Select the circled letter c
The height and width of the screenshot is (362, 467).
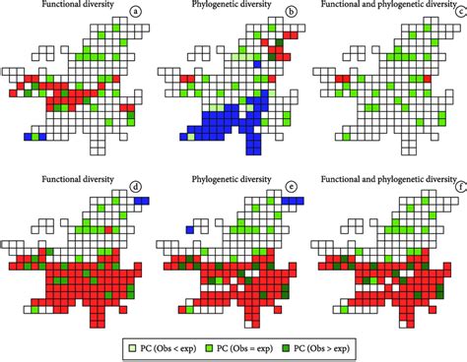[x=460, y=13]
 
